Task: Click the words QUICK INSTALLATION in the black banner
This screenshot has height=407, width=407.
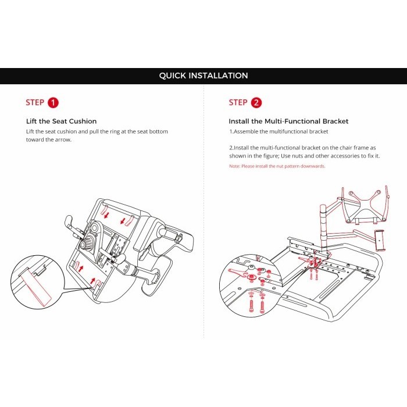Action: click(x=203, y=76)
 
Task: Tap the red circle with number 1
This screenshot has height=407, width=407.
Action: click(x=53, y=103)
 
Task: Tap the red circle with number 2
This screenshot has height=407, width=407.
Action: click(x=255, y=103)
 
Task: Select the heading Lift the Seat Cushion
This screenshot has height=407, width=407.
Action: click(x=62, y=122)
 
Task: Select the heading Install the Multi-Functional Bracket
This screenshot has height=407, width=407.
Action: click(x=288, y=122)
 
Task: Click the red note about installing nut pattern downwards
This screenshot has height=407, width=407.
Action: click(x=277, y=166)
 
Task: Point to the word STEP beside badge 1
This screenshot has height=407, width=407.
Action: click(x=35, y=103)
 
